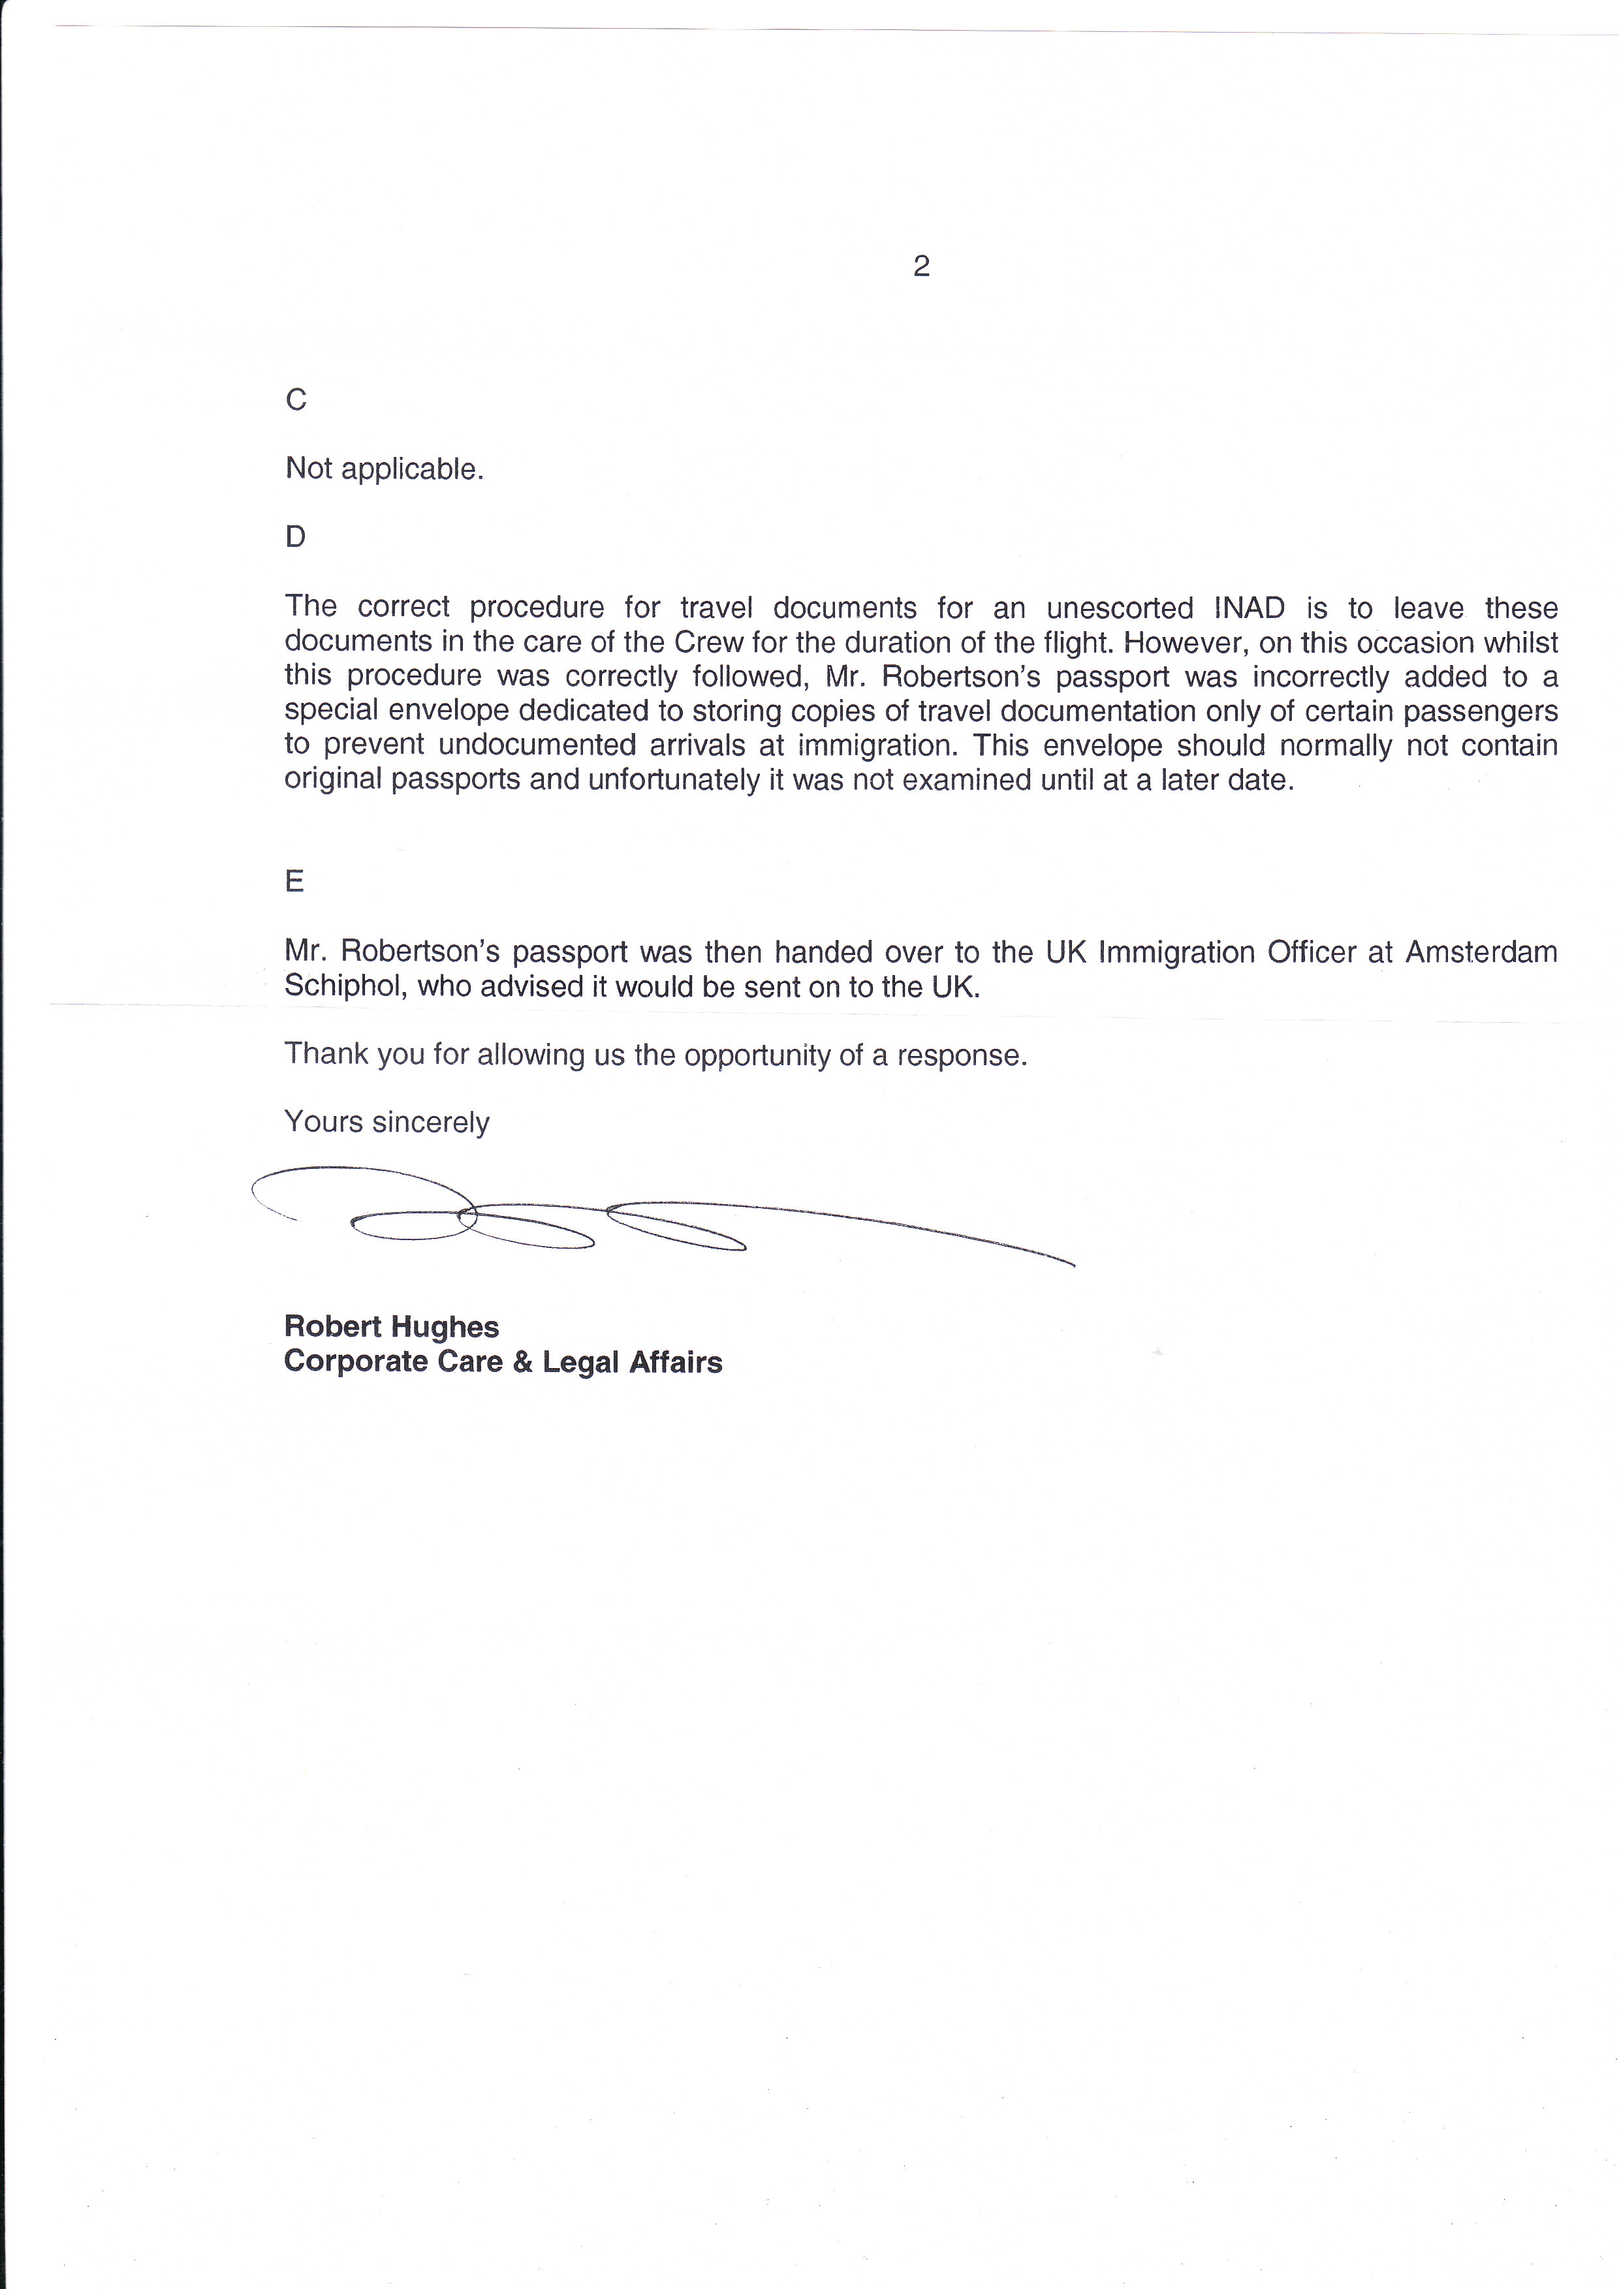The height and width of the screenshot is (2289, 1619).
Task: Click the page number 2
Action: pos(921,266)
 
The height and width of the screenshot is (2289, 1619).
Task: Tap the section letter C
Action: pos(296,400)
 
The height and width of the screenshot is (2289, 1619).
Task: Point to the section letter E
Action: pos(294,881)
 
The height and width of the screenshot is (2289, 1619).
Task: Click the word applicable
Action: pos(412,469)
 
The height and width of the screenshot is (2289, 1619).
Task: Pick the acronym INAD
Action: pos(1249,608)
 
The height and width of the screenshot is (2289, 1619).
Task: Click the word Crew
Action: pos(709,642)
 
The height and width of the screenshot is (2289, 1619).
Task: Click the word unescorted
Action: pos(1120,608)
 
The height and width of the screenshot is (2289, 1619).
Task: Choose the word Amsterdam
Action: pos(1481,952)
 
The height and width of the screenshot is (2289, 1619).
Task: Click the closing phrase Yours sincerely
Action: pos(387,1123)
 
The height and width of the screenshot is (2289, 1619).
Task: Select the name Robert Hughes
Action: pos(391,1327)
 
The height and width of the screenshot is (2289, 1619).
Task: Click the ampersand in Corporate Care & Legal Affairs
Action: pos(522,1362)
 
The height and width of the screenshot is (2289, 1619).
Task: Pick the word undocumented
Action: pos(537,746)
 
